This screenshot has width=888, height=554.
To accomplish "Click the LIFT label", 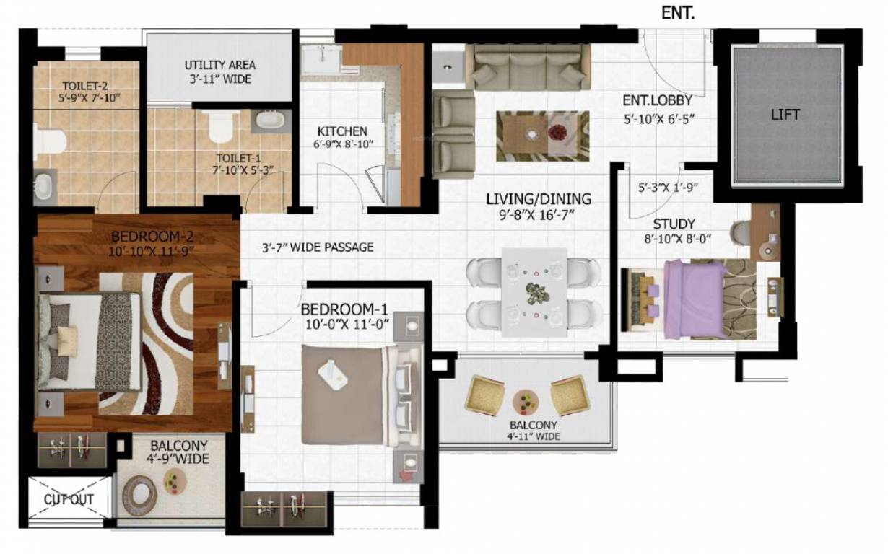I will (785, 115).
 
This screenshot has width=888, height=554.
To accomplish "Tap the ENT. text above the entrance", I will (678, 12).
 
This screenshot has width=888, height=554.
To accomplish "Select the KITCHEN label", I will (342, 132).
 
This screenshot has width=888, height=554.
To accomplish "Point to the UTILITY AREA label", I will (219, 65).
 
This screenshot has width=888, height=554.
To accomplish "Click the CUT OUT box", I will (69, 499).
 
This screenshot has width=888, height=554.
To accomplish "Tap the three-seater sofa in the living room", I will (527, 66).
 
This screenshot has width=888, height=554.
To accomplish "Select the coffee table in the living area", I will (542, 136).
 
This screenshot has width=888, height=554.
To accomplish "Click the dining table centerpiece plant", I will (535, 293).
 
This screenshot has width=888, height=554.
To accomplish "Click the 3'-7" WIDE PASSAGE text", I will (318, 247).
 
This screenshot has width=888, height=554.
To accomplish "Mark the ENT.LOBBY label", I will (657, 100).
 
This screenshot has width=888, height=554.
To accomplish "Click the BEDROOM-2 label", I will (152, 237).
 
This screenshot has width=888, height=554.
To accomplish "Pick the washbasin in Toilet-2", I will (45, 185).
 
